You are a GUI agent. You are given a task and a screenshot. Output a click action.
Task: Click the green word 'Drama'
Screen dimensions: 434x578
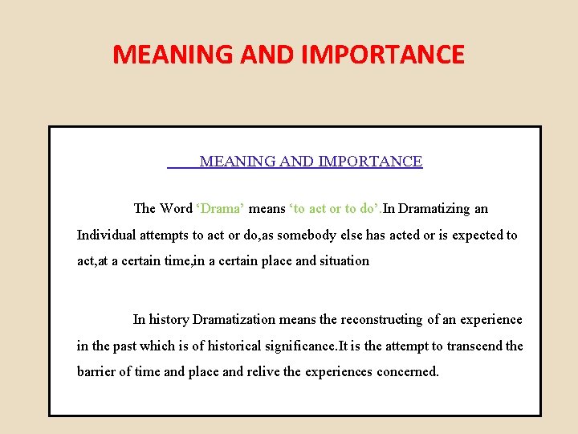221,209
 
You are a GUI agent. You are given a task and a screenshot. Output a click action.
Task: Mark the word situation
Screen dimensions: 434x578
344,261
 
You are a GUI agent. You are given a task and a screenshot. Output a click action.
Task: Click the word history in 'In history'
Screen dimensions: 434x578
169,320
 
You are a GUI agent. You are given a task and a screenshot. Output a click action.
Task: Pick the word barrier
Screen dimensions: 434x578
97,372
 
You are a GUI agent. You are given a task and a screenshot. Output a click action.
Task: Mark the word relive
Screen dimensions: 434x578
249,372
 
